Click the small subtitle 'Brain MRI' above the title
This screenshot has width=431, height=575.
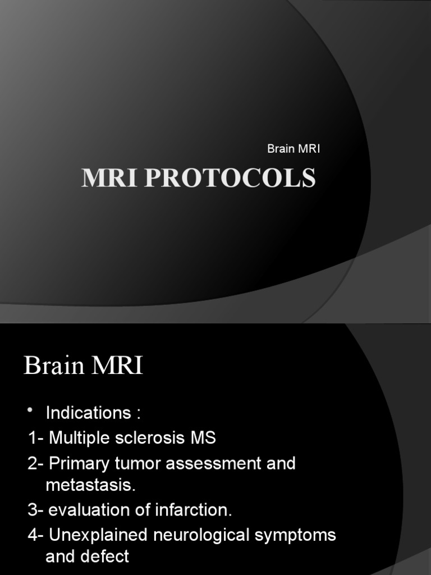click(294, 149)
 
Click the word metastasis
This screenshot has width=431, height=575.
click(90, 486)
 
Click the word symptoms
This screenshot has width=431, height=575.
click(296, 535)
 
